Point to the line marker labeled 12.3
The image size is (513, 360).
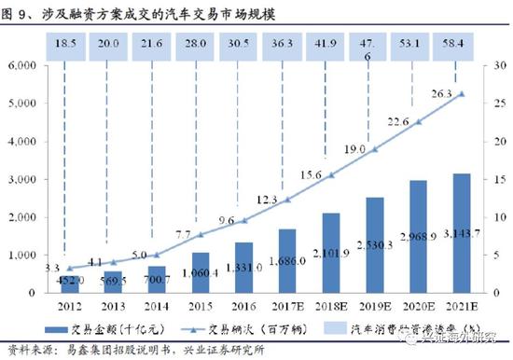point(287,200)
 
